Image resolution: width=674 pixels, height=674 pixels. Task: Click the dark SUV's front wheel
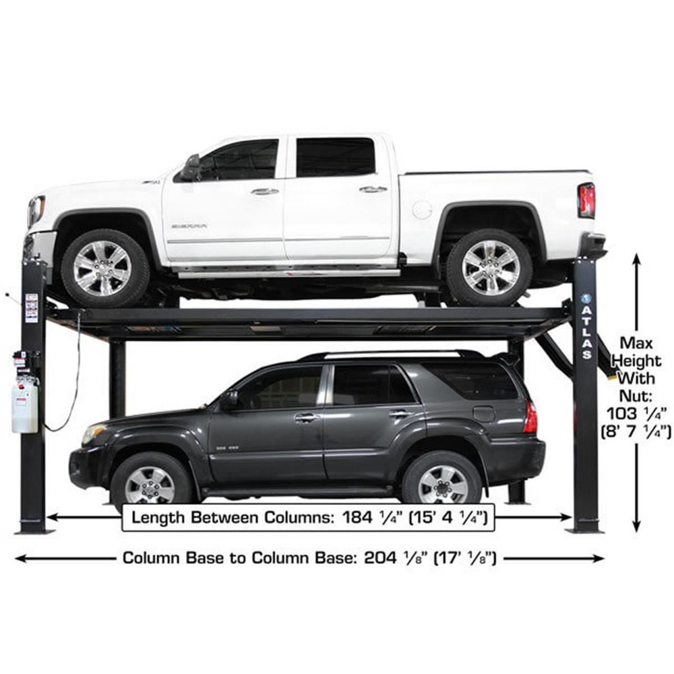[150, 483]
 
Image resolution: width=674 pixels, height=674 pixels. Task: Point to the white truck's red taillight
[586, 200]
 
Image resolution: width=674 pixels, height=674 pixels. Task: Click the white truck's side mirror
[191, 168]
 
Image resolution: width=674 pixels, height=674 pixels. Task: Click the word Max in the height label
[636, 342]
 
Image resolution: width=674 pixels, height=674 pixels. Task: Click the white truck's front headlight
[36, 211]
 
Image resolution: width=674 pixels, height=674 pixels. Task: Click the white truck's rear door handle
[373, 189]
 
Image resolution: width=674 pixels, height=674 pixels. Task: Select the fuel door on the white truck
[421, 210]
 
